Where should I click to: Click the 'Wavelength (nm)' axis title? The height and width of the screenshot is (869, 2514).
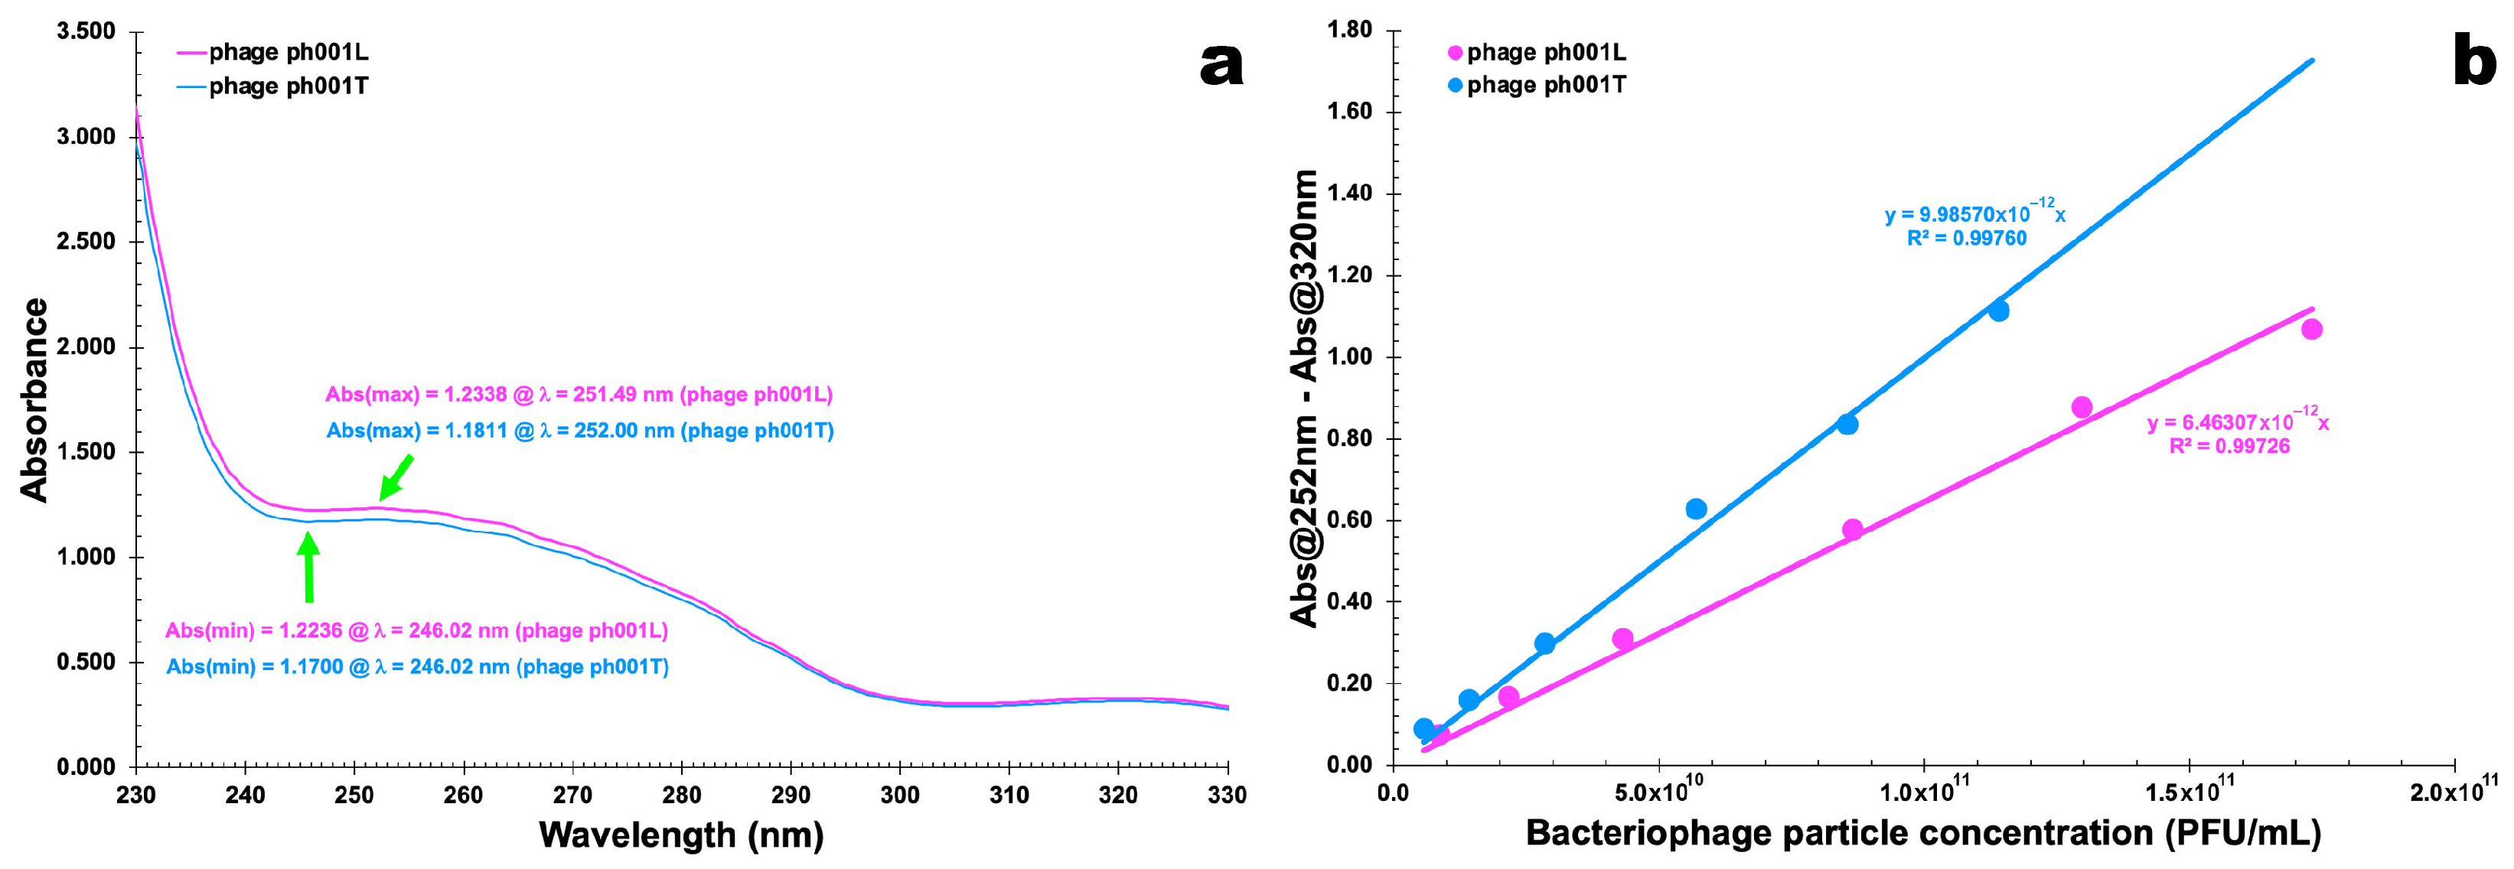click(x=681, y=835)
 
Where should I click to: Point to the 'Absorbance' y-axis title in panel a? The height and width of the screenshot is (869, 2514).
click(x=34, y=400)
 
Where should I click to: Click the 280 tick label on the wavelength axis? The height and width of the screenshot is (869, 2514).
click(x=681, y=795)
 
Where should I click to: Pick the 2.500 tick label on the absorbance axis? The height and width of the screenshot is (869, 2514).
click(x=86, y=241)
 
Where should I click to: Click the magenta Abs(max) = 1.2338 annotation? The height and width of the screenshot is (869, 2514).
click(x=579, y=394)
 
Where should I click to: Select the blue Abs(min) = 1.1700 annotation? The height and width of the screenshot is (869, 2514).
click(x=417, y=667)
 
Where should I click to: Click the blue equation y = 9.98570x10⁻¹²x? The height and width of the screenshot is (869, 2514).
click(x=1974, y=213)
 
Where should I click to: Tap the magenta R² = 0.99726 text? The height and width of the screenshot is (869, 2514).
click(x=2229, y=447)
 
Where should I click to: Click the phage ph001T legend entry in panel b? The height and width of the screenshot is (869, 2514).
click(x=1536, y=85)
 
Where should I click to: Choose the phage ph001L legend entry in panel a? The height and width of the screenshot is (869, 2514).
click(x=272, y=52)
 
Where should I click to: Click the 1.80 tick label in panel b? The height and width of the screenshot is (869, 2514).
click(x=1350, y=31)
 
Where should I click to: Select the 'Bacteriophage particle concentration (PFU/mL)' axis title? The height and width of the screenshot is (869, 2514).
click(x=1922, y=833)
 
